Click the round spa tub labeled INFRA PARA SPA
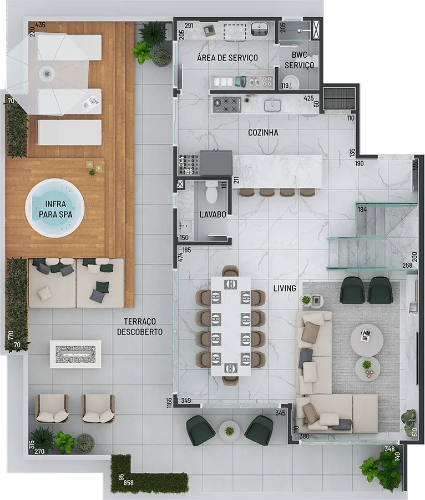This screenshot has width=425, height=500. click(55, 208)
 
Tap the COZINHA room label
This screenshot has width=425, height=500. click(263, 133)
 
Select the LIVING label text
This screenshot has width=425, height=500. click(285, 288)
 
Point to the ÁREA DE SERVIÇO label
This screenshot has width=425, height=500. click(227, 58)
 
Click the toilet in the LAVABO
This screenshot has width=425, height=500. click(211, 192)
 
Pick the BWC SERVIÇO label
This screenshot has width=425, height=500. click(299, 60)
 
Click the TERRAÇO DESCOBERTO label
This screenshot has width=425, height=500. click(140, 327)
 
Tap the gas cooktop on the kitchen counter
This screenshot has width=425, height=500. click(227, 105)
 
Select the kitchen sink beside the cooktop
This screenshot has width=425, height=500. click(272, 105)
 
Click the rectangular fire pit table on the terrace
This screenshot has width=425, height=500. click(75, 354)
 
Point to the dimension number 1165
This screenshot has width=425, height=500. click(169, 402)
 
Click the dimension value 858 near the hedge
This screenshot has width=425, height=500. click(129, 483)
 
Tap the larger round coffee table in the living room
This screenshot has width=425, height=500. click(367, 340)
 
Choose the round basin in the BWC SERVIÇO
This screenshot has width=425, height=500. click(291, 82)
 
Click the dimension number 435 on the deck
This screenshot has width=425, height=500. click(40, 25)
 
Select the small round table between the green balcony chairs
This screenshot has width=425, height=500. click(229, 431)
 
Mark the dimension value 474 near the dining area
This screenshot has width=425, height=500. click(180, 257)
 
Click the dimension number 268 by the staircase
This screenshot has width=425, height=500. click(407, 266)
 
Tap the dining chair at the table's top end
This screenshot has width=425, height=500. click(230, 271)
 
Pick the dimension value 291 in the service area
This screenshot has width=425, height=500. click(189, 26)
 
